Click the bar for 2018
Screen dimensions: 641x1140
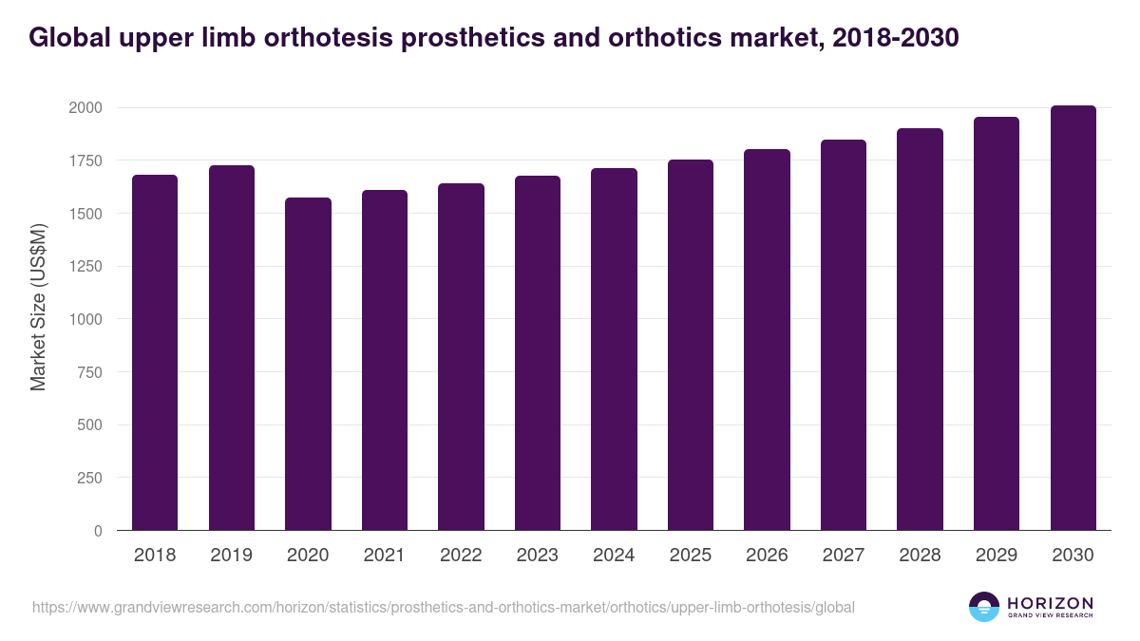click(155, 352)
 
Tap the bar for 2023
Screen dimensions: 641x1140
click(537, 352)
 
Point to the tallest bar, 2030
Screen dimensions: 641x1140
click(1073, 317)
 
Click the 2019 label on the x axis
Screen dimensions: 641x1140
click(231, 556)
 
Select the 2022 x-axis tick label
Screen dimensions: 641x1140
click(461, 556)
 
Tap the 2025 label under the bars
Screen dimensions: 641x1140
click(690, 556)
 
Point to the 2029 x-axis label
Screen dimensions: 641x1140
click(996, 556)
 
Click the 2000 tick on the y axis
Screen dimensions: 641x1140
click(85, 108)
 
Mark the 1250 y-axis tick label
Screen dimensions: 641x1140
click(85, 267)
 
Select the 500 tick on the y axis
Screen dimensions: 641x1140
click(88, 425)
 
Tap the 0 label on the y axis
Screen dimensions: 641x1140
click(97, 531)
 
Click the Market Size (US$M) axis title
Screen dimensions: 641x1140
click(38, 307)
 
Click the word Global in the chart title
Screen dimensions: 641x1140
click(68, 38)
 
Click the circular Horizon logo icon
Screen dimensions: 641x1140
click(984, 607)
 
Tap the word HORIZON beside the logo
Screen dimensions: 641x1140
click(1050, 603)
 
